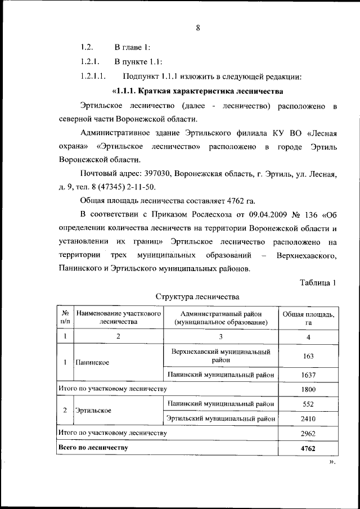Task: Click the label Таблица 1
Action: click(x=318, y=282)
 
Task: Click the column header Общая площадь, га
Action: click(x=308, y=318)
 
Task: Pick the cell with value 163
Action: click(x=308, y=356)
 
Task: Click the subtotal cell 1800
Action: click(x=308, y=389)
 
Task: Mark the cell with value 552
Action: click(x=308, y=404)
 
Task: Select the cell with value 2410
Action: click(x=308, y=418)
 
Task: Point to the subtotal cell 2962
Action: click(x=308, y=433)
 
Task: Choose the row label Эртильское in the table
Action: click(x=93, y=411)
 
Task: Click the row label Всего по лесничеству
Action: click(x=93, y=448)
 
